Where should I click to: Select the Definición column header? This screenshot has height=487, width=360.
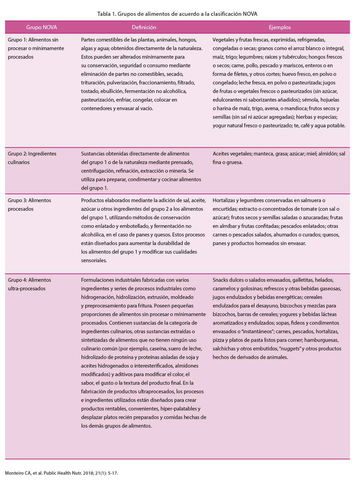144,27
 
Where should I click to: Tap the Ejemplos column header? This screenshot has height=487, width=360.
280,27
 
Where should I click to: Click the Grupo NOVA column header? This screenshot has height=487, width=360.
42,27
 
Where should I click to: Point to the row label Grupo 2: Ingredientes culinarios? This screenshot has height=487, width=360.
32,158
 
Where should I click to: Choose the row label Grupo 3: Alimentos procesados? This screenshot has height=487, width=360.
29,205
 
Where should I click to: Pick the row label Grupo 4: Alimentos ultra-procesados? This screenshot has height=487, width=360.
29,284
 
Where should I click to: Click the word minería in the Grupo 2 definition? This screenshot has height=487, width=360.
178,171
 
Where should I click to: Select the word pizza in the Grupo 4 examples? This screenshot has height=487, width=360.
218,340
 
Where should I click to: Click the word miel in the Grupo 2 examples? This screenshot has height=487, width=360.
312,154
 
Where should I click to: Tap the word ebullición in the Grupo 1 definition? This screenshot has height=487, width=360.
112,91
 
